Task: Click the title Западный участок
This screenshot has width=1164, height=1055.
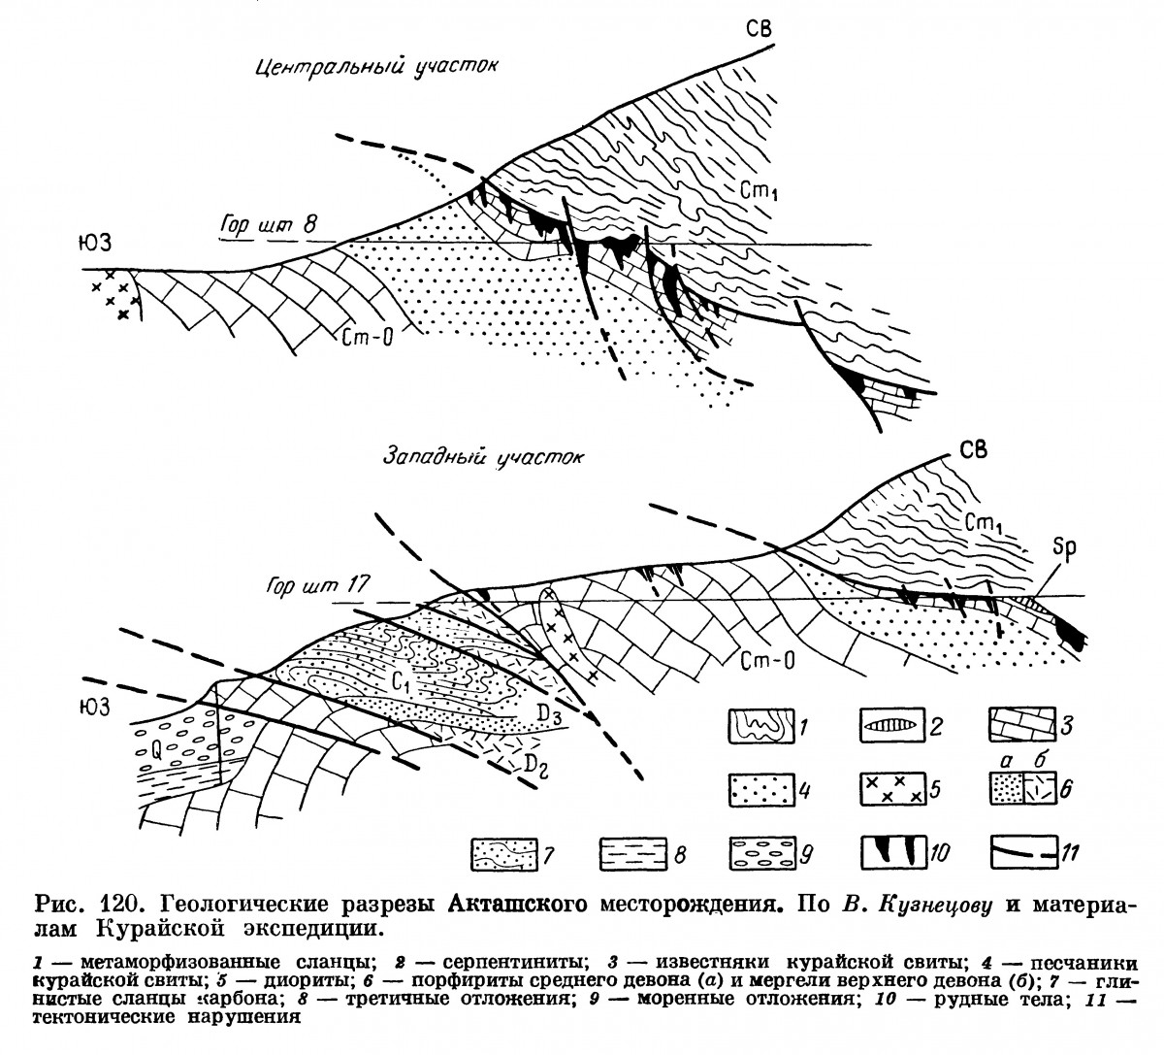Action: [x=483, y=457]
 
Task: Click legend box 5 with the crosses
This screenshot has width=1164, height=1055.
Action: [x=891, y=789]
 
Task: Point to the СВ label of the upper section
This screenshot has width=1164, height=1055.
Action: [x=759, y=29]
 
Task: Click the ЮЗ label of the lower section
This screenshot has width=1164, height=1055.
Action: [x=92, y=709]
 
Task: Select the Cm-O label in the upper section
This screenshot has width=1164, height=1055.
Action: [x=366, y=337]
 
